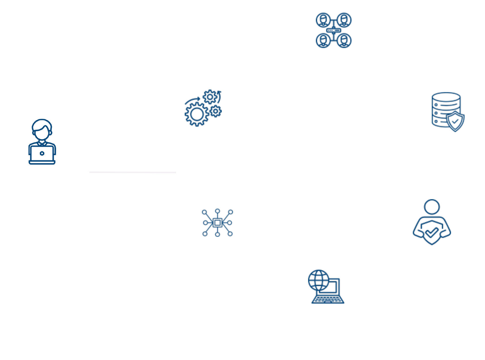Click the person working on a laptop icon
[42, 142]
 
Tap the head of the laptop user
[42, 130]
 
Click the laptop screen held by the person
[42, 153]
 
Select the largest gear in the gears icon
[197, 114]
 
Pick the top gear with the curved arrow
[210, 97]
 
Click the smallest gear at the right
[215, 111]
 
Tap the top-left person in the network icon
[323, 20]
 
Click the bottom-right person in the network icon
[344, 40]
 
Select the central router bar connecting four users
[334, 30]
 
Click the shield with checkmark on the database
[455, 121]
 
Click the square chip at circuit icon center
[217, 223]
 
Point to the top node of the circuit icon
[217, 211]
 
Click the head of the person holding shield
[432, 207]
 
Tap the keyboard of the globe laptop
[328, 300]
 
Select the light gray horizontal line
[133, 172]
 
